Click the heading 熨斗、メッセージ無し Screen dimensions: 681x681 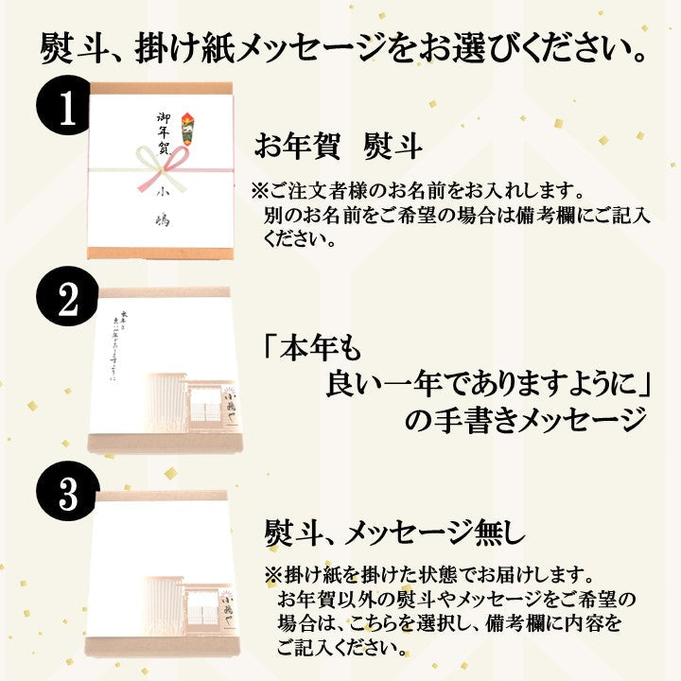391,535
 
